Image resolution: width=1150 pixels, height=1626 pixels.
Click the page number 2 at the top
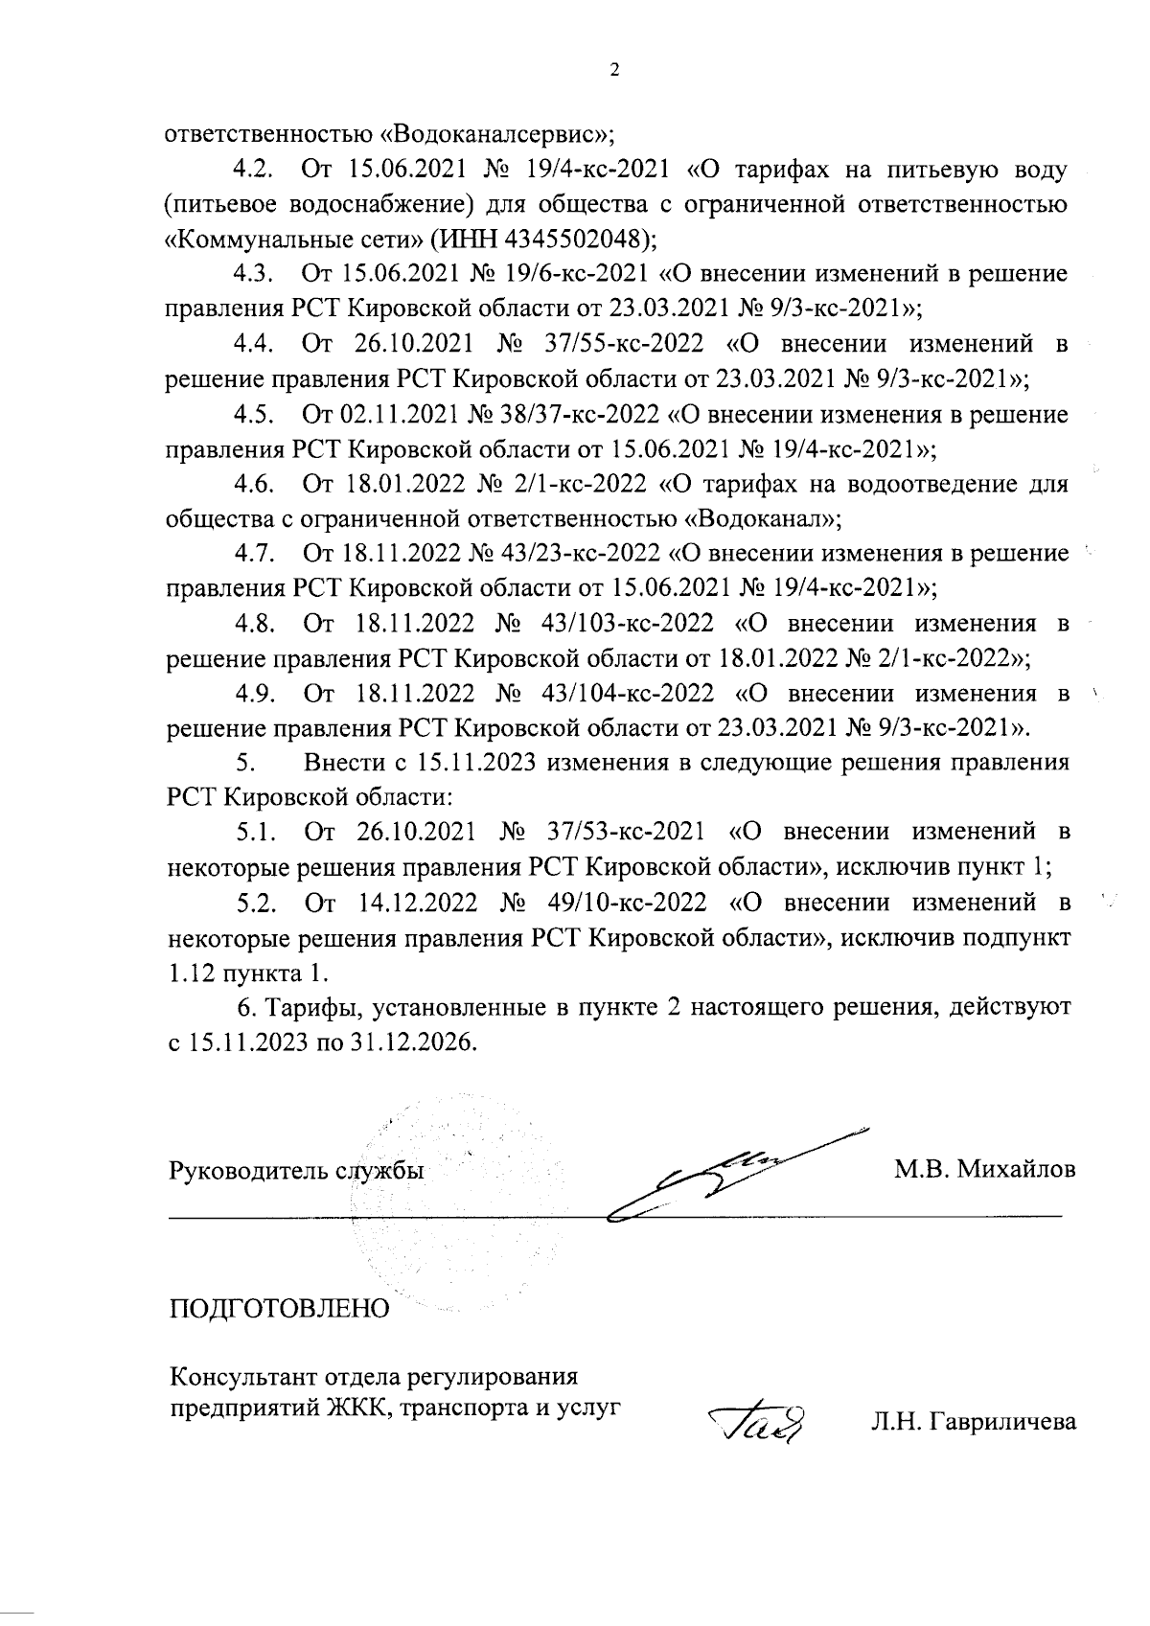614,69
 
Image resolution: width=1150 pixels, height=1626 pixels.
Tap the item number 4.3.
256,275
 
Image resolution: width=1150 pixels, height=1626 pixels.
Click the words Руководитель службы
297,1170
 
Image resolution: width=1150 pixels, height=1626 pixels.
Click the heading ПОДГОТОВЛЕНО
280,1309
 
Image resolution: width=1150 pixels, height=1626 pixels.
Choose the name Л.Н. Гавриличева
973,1423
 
